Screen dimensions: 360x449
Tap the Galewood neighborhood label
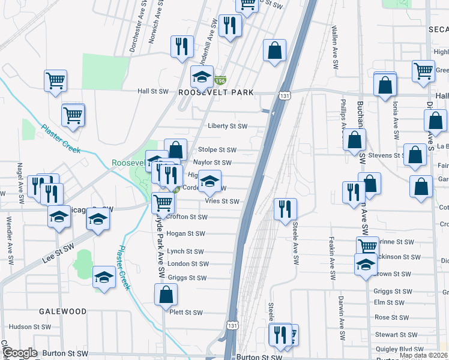(x=63, y=311)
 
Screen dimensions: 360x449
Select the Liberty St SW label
(x=228, y=126)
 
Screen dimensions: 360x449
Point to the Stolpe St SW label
(x=217, y=150)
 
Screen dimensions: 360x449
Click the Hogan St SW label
(x=188, y=234)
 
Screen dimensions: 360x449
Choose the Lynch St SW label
(x=185, y=252)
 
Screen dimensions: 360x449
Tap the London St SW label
(x=188, y=264)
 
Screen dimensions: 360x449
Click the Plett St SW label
(x=186, y=313)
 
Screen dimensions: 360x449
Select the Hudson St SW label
(x=28, y=327)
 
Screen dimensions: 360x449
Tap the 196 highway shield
(x=220, y=80)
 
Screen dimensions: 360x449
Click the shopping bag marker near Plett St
(x=166, y=295)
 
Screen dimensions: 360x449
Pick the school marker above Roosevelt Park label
(x=202, y=76)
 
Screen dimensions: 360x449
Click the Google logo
(x=20, y=353)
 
